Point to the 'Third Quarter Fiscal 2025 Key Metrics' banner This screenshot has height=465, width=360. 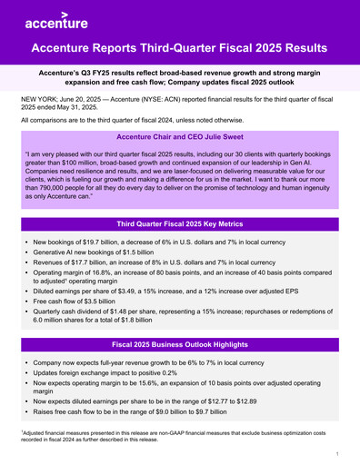coord(180,223)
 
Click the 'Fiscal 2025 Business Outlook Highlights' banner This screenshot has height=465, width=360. coord(180,345)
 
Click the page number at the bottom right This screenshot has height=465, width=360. coord(336,452)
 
